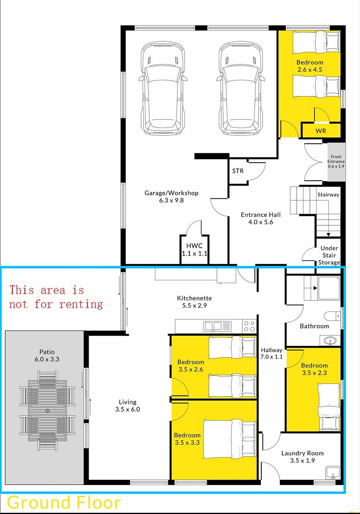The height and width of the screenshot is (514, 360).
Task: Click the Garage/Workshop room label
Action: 171,196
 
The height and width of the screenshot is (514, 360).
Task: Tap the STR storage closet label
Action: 238,171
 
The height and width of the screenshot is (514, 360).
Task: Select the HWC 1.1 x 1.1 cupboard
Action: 194,249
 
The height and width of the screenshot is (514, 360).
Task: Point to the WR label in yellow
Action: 321,131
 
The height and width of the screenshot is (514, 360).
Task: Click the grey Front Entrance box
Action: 336,162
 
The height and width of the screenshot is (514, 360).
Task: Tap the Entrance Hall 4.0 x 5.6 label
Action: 261,218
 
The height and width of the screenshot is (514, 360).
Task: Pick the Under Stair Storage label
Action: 329,255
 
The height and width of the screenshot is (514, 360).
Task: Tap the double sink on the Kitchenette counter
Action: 217,326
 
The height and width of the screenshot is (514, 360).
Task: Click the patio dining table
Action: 47,410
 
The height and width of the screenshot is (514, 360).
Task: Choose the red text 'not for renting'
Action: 56,304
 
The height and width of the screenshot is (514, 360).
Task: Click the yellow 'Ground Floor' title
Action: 64,502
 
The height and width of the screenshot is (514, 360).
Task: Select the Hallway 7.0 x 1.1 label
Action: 271,353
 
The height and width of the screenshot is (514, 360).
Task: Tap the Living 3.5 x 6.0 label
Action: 128,406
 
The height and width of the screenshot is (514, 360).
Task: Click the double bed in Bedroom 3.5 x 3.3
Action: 230,439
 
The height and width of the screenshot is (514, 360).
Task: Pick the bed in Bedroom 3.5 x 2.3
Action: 329,406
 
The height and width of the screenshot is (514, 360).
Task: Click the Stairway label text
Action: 328,195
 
